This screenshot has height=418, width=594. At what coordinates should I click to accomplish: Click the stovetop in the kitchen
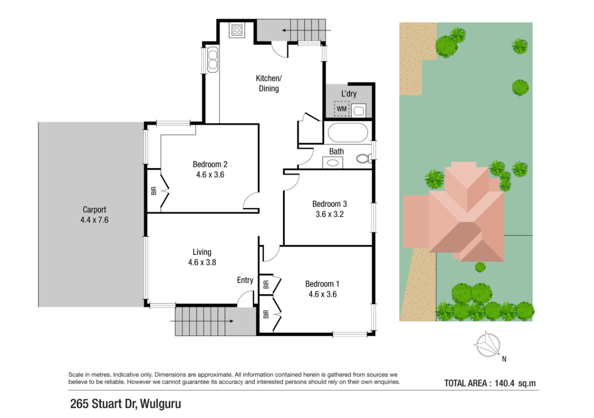point(237,30)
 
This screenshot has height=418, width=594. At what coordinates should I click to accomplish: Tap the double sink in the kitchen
point(213,60)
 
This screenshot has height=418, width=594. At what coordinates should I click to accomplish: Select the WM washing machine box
point(342,109)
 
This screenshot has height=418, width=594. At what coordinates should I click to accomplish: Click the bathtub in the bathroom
point(348,133)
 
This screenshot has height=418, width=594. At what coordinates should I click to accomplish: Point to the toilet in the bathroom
point(364,159)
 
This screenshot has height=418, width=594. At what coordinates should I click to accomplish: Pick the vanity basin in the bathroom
point(332,163)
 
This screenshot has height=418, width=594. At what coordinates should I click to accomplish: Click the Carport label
point(94,209)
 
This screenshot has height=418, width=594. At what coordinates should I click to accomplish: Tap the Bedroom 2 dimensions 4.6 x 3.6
point(210,174)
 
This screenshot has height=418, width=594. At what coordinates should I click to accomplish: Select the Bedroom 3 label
point(330,204)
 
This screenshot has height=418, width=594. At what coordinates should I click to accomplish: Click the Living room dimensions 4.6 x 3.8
point(202,262)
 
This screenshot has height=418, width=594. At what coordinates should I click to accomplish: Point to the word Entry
point(245,280)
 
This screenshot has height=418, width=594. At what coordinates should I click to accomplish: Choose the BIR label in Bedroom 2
point(154,191)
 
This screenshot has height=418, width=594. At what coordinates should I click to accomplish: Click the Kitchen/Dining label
point(269,83)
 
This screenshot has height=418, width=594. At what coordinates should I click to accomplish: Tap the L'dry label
point(349,94)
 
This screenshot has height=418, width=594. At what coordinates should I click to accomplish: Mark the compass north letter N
point(504,359)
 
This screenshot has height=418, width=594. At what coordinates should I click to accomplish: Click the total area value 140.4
point(504,383)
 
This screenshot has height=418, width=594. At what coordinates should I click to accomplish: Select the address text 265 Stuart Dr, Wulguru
point(125,404)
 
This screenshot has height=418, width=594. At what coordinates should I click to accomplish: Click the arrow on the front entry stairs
point(201,321)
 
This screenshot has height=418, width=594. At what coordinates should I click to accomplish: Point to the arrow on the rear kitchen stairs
point(306,30)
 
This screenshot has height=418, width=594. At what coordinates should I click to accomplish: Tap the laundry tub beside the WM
point(359,110)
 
